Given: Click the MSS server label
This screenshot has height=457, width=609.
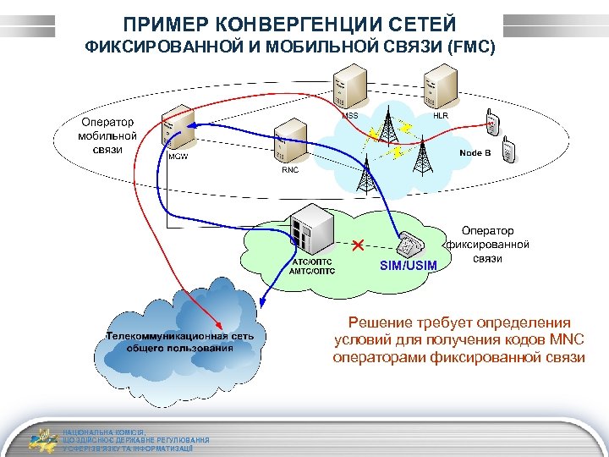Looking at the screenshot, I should (349, 114).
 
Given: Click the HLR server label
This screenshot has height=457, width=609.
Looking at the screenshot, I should (441, 114).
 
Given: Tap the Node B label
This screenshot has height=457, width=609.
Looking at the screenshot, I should (475, 152).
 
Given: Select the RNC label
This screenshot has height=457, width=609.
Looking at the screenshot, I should (290, 169).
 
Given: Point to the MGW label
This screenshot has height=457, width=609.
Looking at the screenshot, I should (178, 157).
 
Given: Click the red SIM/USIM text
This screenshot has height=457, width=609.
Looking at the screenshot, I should (409, 266).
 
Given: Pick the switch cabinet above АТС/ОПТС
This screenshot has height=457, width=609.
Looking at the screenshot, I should (305, 231).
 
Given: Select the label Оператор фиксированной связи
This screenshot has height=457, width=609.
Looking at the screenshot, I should (487, 244).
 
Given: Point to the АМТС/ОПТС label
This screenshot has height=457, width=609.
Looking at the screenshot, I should (312, 272).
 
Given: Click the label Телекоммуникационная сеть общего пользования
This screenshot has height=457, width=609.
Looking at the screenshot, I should (179, 341).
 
